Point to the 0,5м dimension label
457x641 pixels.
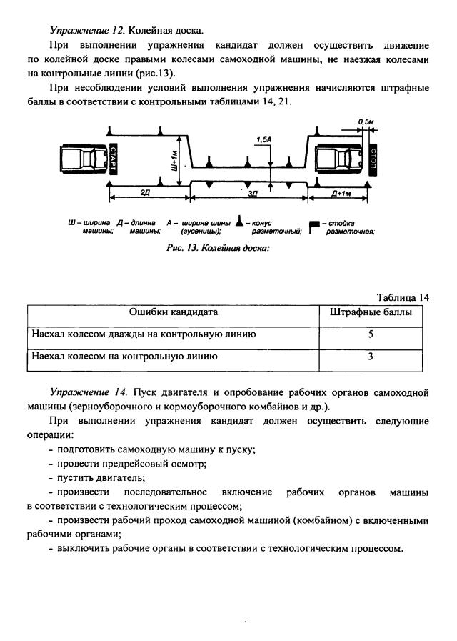point(367,122)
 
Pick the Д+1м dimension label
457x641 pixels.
point(340,194)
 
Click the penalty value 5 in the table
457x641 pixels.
point(371,334)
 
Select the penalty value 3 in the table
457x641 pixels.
point(371,356)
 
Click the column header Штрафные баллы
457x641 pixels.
point(370,312)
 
